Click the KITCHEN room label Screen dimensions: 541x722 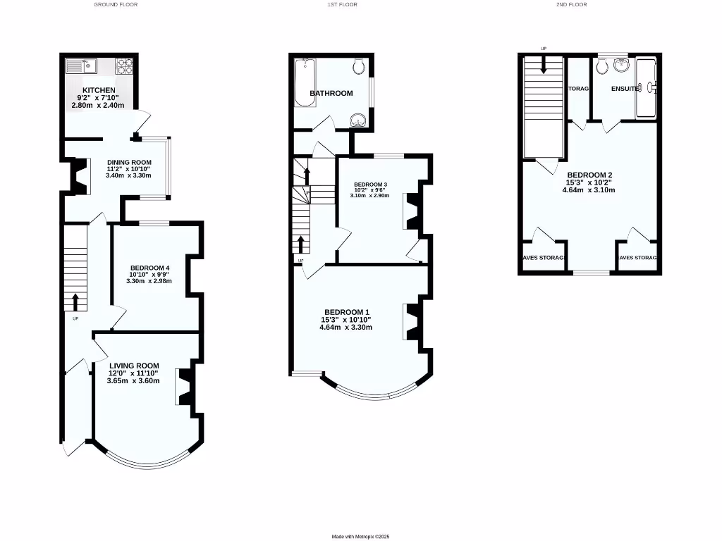pyautogui.click(x=98, y=90)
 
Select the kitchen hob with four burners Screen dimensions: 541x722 pyautogui.click(x=125, y=66)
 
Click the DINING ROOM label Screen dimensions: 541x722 pyautogui.click(x=128, y=161)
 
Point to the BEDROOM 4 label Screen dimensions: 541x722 pyautogui.click(x=149, y=268)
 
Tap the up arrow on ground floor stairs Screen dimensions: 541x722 pyautogui.click(x=75, y=301)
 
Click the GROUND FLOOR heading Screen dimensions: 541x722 pyautogui.click(x=116, y=4)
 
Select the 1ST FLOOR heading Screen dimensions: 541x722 pyautogui.click(x=343, y=4)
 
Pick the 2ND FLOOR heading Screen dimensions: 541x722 pyautogui.click(x=571, y=4)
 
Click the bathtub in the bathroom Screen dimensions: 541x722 pyautogui.click(x=306, y=82)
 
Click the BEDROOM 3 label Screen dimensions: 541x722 pyautogui.click(x=370, y=185)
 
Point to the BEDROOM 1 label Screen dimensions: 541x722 pyautogui.click(x=347, y=312)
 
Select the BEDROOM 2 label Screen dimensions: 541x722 pyautogui.click(x=589, y=175)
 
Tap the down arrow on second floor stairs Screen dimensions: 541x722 pyautogui.click(x=544, y=66)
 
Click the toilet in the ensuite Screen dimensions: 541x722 pyautogui.click(x=602, y=66)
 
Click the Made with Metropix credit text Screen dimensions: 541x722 pyautogui.click(x=360, y=536)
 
